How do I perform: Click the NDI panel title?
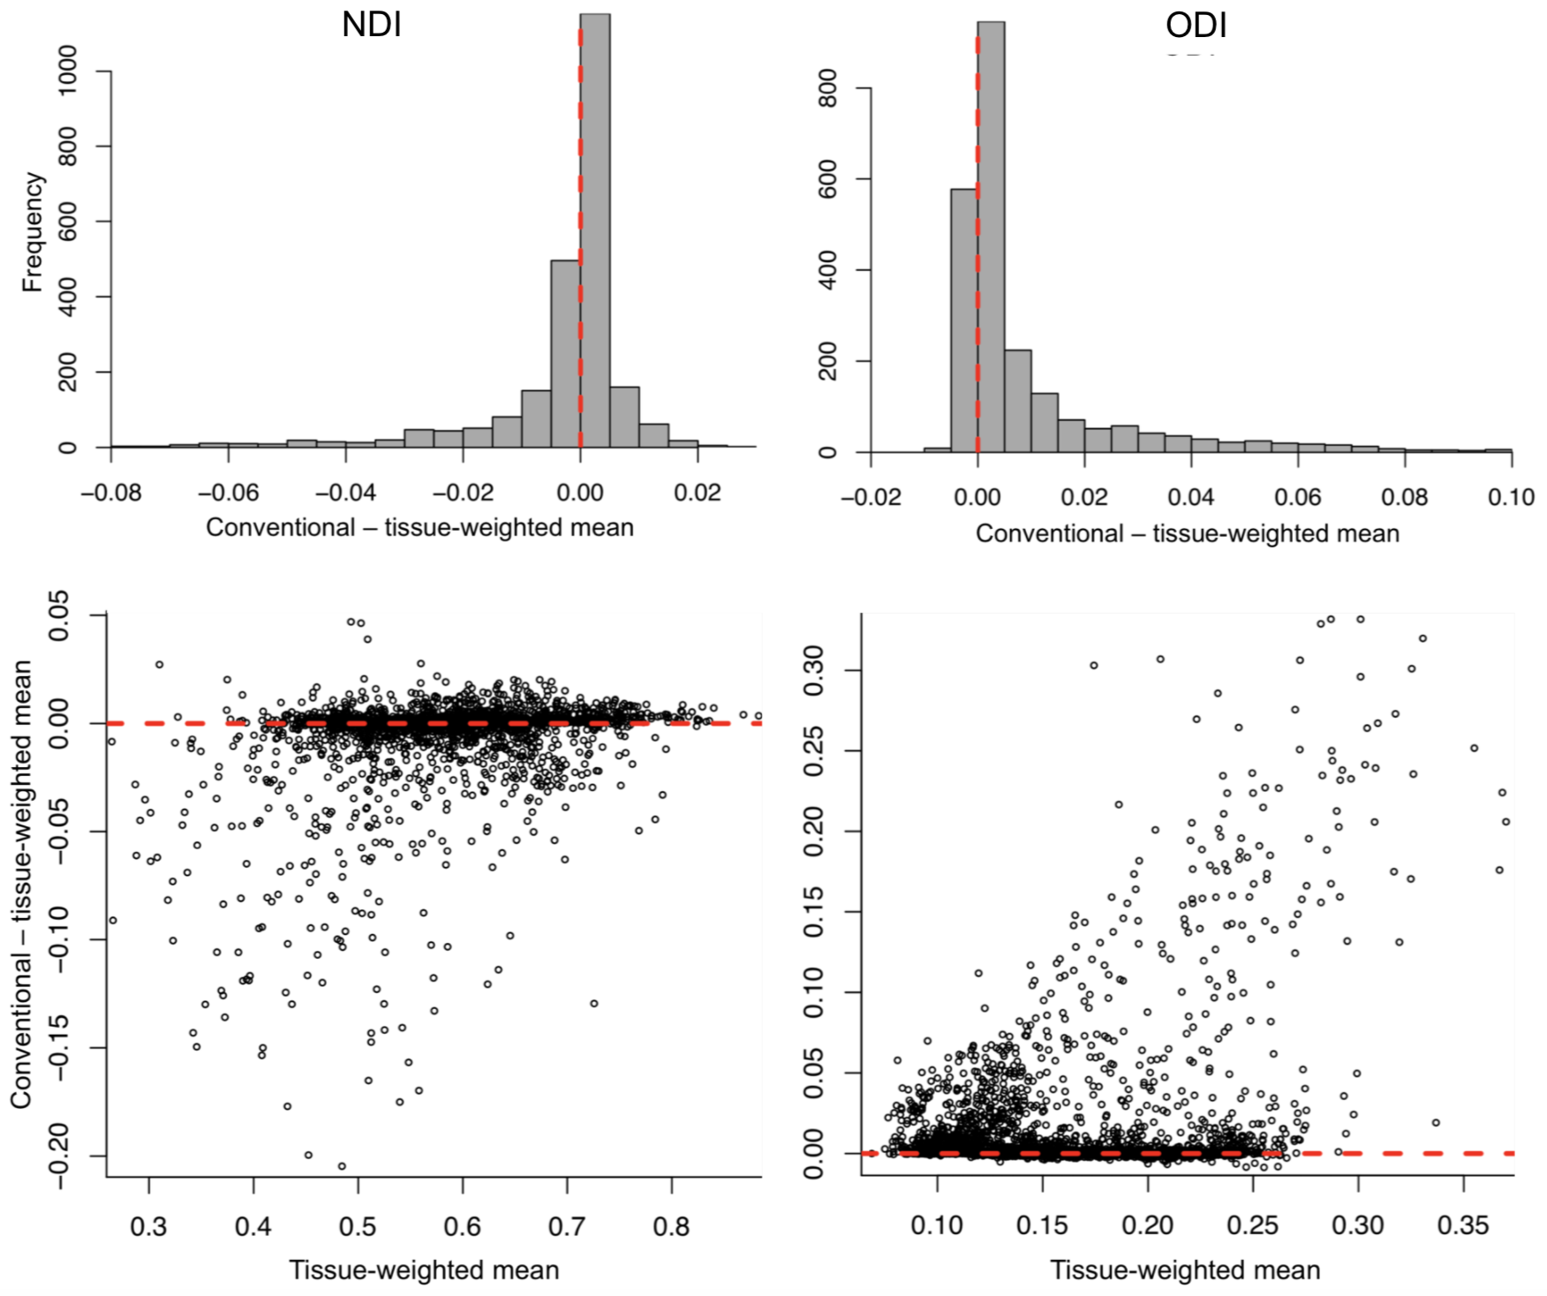tap(372, 25)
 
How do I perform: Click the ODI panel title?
tap(1196, 25)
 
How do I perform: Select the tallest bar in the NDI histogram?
tap(595, 230)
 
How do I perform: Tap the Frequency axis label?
tap(33, 232)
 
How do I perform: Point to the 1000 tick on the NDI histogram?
tap(67, 71)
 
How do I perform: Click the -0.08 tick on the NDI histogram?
tap(110, 492)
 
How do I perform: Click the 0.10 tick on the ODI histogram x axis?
tap(1510, 497)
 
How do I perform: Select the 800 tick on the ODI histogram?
tap(828, 88)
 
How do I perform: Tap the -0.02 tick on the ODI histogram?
tap(871, 497)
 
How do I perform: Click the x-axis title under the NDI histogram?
tap(419, 528)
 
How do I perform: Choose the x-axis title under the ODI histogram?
tap(1187, 534)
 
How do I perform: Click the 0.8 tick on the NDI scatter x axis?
tap(671, 1226)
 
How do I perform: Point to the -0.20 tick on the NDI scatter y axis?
tap(59, 1157)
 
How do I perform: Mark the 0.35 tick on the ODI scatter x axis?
tap(1463, 1225)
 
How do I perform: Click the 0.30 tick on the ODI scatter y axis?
tap(813, 670)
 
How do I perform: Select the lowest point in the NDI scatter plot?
tap(342, 1166)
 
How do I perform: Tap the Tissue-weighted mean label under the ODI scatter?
tap(1185, 1270)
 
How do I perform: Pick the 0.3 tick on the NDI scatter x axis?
tap(148, 1226)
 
